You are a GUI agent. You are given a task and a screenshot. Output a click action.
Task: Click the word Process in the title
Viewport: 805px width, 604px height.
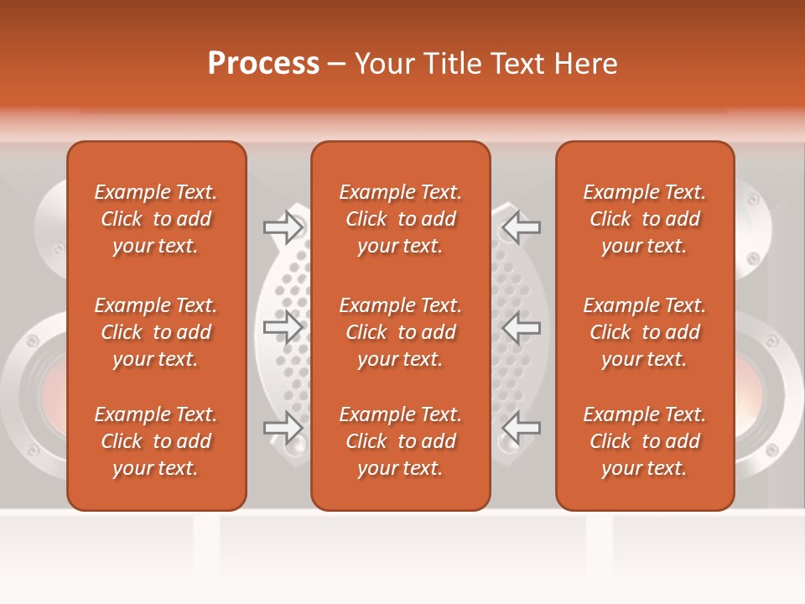point(263,64)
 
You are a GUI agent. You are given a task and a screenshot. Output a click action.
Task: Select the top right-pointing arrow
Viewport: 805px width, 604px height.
point(283,226)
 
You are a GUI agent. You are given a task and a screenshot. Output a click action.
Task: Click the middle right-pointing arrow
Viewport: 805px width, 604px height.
point(283,327)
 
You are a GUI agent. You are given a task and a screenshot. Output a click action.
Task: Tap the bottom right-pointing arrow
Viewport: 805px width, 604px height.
point(283,428)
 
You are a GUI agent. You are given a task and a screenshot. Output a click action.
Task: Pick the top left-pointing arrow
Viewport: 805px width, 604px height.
point(521,226)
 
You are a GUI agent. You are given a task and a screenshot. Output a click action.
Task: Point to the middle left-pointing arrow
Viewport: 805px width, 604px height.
point(521,327)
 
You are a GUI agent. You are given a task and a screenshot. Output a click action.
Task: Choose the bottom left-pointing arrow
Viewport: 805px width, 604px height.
point(521,428)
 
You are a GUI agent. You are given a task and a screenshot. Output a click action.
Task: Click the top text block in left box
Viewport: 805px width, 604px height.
point(156,219)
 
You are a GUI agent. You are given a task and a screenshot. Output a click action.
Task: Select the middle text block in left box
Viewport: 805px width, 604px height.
point(156,332)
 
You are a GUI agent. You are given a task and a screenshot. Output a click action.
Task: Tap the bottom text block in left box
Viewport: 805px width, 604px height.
point(156,441)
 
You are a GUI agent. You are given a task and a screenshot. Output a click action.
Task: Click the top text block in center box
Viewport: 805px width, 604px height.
point(401,219)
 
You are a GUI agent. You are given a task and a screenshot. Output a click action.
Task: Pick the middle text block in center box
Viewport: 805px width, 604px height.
point(401,332)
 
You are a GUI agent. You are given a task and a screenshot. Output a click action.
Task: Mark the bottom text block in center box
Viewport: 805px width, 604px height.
point(401,441)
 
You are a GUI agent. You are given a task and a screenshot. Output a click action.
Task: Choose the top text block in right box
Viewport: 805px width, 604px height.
point(645,219)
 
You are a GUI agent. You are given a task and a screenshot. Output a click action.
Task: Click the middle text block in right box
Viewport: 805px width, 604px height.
point(645,332)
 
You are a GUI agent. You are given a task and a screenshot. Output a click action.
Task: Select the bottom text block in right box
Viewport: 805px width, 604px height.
point(645,441)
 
